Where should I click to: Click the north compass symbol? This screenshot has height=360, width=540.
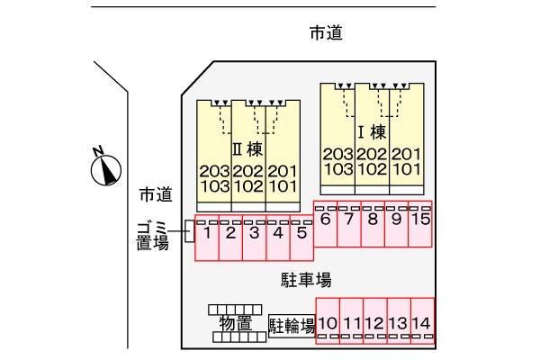pos(105,169)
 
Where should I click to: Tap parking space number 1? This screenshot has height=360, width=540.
pos(207,238)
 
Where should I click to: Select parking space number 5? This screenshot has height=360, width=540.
pos(301,238)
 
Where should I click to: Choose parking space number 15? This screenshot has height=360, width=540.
pos(420,224)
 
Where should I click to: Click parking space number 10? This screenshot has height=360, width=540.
pos(328,321)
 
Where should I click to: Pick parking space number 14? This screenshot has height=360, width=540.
pos(423,321)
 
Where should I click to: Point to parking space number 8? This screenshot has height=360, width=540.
pos(373,224)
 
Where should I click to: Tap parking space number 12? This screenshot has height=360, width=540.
pos(375,321)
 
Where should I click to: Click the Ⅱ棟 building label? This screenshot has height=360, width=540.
pos(248,149)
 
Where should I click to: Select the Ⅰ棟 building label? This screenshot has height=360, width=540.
pos(372,132)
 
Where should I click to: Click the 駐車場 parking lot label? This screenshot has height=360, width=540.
pos(306,279)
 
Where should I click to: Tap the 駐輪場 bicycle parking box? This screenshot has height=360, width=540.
pos(292,326)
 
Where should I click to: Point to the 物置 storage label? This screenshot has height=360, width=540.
pos(236,323)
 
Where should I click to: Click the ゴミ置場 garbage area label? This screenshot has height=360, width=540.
pos(153,237)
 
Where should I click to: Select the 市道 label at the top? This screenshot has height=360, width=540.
pos(326,33)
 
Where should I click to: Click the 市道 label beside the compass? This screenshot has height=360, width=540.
pos(156,195)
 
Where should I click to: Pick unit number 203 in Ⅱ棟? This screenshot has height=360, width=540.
pos(214,171)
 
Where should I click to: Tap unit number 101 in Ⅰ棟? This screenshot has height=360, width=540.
pos(407,169)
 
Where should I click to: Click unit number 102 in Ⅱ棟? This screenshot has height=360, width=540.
pos(248,186)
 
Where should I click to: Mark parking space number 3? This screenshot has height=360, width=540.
pos(254,238)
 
